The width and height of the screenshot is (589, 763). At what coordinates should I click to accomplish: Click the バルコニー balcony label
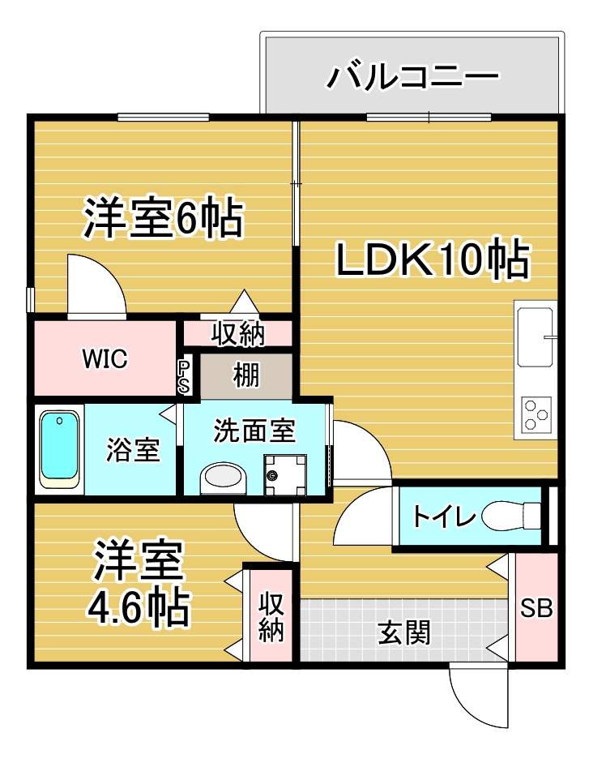412,76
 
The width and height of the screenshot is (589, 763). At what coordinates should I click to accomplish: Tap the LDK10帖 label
433,259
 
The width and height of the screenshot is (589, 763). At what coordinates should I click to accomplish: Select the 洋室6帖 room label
163,217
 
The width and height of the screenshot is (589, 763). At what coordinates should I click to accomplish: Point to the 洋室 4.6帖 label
139,583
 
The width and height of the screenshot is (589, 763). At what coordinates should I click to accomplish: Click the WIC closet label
105,358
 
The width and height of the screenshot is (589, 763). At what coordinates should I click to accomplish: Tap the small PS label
184,376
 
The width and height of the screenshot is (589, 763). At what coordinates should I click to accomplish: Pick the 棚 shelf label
246,375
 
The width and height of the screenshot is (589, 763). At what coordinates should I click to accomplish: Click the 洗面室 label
254,431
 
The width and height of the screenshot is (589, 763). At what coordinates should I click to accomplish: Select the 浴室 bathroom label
133,449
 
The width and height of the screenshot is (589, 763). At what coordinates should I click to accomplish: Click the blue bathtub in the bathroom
59,446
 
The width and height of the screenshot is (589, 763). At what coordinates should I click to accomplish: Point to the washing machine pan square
285,474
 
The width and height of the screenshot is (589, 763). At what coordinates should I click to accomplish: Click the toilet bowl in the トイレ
510,516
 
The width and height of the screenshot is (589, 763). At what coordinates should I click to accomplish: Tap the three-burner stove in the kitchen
536,415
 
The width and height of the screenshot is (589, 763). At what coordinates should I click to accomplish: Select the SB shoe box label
536,608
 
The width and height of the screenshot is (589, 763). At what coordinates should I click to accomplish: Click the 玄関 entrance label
403,633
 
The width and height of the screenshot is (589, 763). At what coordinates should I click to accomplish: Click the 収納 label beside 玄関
271,616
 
